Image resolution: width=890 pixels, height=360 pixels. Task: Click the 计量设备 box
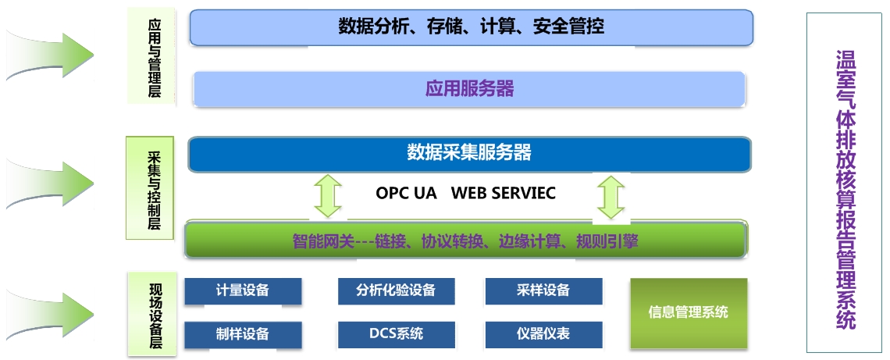click(243, 290)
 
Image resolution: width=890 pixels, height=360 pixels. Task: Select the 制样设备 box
click(243, 334)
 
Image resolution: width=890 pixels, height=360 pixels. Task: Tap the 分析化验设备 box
click(396, 290)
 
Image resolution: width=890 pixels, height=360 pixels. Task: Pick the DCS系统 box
click(396, 334)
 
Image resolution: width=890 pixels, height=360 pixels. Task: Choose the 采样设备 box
click(543, 290)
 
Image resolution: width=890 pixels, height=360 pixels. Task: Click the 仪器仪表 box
click(543, 334)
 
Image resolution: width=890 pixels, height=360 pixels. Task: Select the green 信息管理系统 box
click(689, 312)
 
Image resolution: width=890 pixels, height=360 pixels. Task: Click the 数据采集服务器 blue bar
click(469, 153)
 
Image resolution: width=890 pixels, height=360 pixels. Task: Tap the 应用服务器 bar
click(469, 88)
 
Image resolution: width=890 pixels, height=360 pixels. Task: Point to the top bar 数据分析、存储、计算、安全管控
click(471, 27)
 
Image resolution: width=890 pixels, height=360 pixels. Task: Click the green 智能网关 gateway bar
click(465, 241)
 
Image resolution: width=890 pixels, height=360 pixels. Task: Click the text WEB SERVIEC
click(504, 193)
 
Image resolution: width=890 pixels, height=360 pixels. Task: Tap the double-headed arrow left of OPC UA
click(328, 196)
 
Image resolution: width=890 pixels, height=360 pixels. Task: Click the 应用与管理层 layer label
click(155, 56)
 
